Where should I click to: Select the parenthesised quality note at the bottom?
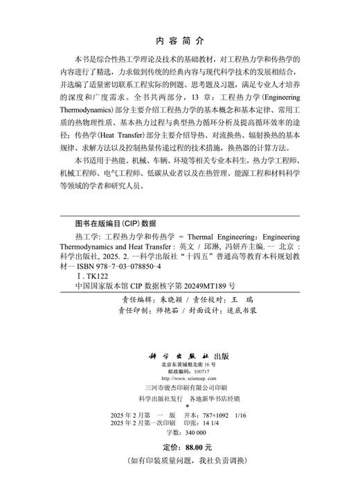[x=180, y=461]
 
